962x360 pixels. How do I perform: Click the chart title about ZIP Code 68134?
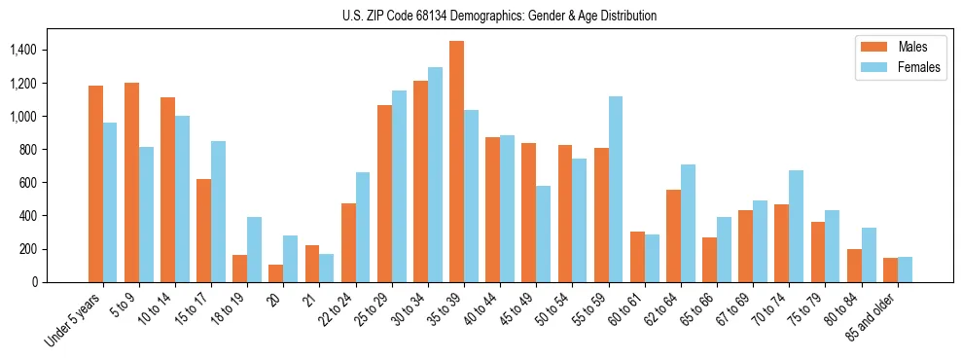pyautogui.click(x=500, y=16)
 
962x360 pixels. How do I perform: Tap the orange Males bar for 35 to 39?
pyautogui.click(x=456, y=162)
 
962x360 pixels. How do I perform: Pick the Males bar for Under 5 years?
pyautogui.click(x=95, y=184)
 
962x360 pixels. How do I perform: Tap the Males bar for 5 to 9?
pyautogui.click(x=131, y=182)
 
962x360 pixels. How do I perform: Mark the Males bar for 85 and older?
pyautogui.click(x=890, y=270)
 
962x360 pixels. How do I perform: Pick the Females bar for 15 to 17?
pyautogui.click(x=218, y=212)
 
